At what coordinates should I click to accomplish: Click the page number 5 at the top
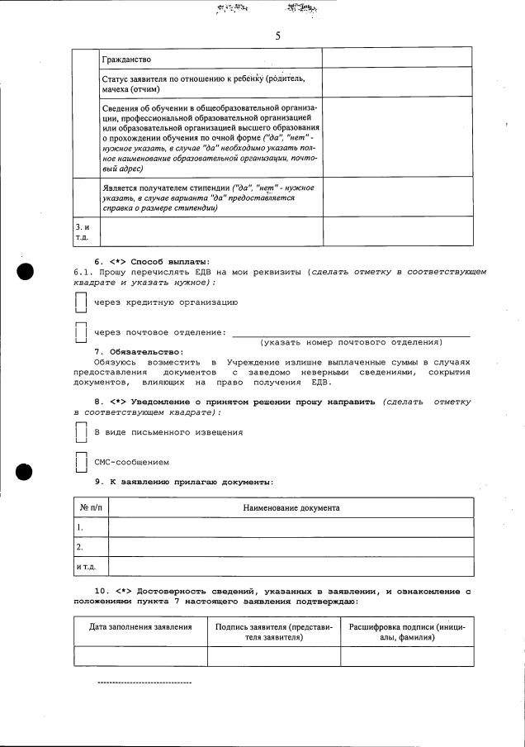[x=277, y=36]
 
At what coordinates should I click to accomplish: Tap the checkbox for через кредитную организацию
[x=81, y=303]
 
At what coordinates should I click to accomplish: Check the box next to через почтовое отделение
[x=81, y=332]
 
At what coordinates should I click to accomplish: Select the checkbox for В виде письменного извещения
[x=81, y=432]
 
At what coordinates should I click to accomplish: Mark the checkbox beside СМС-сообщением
[x=81, y=462]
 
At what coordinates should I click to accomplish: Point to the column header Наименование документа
[x=291, y=508]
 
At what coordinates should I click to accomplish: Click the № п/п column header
[x=90, y=508]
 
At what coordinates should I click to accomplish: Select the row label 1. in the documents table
[x=80, y=527]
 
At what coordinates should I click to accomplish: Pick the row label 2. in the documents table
[x=80, y=547]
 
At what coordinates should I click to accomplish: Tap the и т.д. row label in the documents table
[x=86, y=567]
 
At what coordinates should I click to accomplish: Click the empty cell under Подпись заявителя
[x=273, y=656]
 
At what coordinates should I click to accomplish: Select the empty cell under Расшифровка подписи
[x=407, y=656]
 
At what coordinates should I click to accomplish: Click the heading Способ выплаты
[x=170, y=262]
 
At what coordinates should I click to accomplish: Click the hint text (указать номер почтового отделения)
[x=351, y=342]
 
